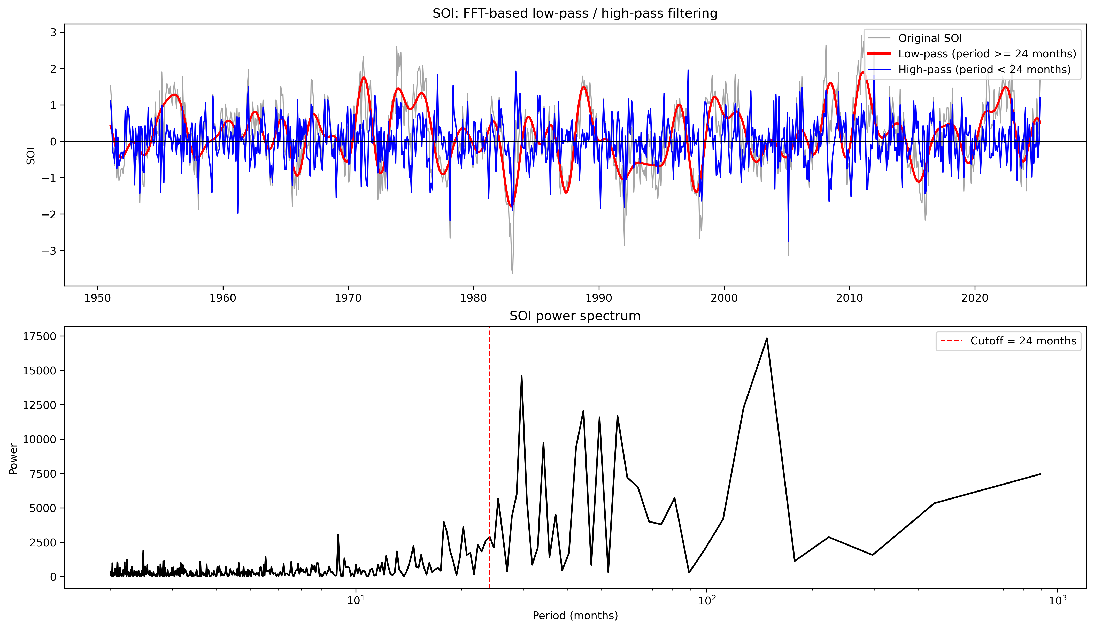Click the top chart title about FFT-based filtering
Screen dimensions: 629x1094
[575, 13]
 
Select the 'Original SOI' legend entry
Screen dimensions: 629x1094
[930, 39]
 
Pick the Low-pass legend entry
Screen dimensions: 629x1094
[987, 54]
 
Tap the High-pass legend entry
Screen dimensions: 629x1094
[984, 70]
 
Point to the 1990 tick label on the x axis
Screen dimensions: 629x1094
[599, 298]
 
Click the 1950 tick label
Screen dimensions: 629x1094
[98, 298]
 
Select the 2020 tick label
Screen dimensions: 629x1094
[975, 298]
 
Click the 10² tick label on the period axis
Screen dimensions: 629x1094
[707, 601]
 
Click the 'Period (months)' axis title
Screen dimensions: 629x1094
[575, 616]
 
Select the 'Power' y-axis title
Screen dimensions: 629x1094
[13, 459]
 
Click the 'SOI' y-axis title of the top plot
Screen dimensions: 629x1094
[31, 156]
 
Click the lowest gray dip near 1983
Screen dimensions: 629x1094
[513, 273]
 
